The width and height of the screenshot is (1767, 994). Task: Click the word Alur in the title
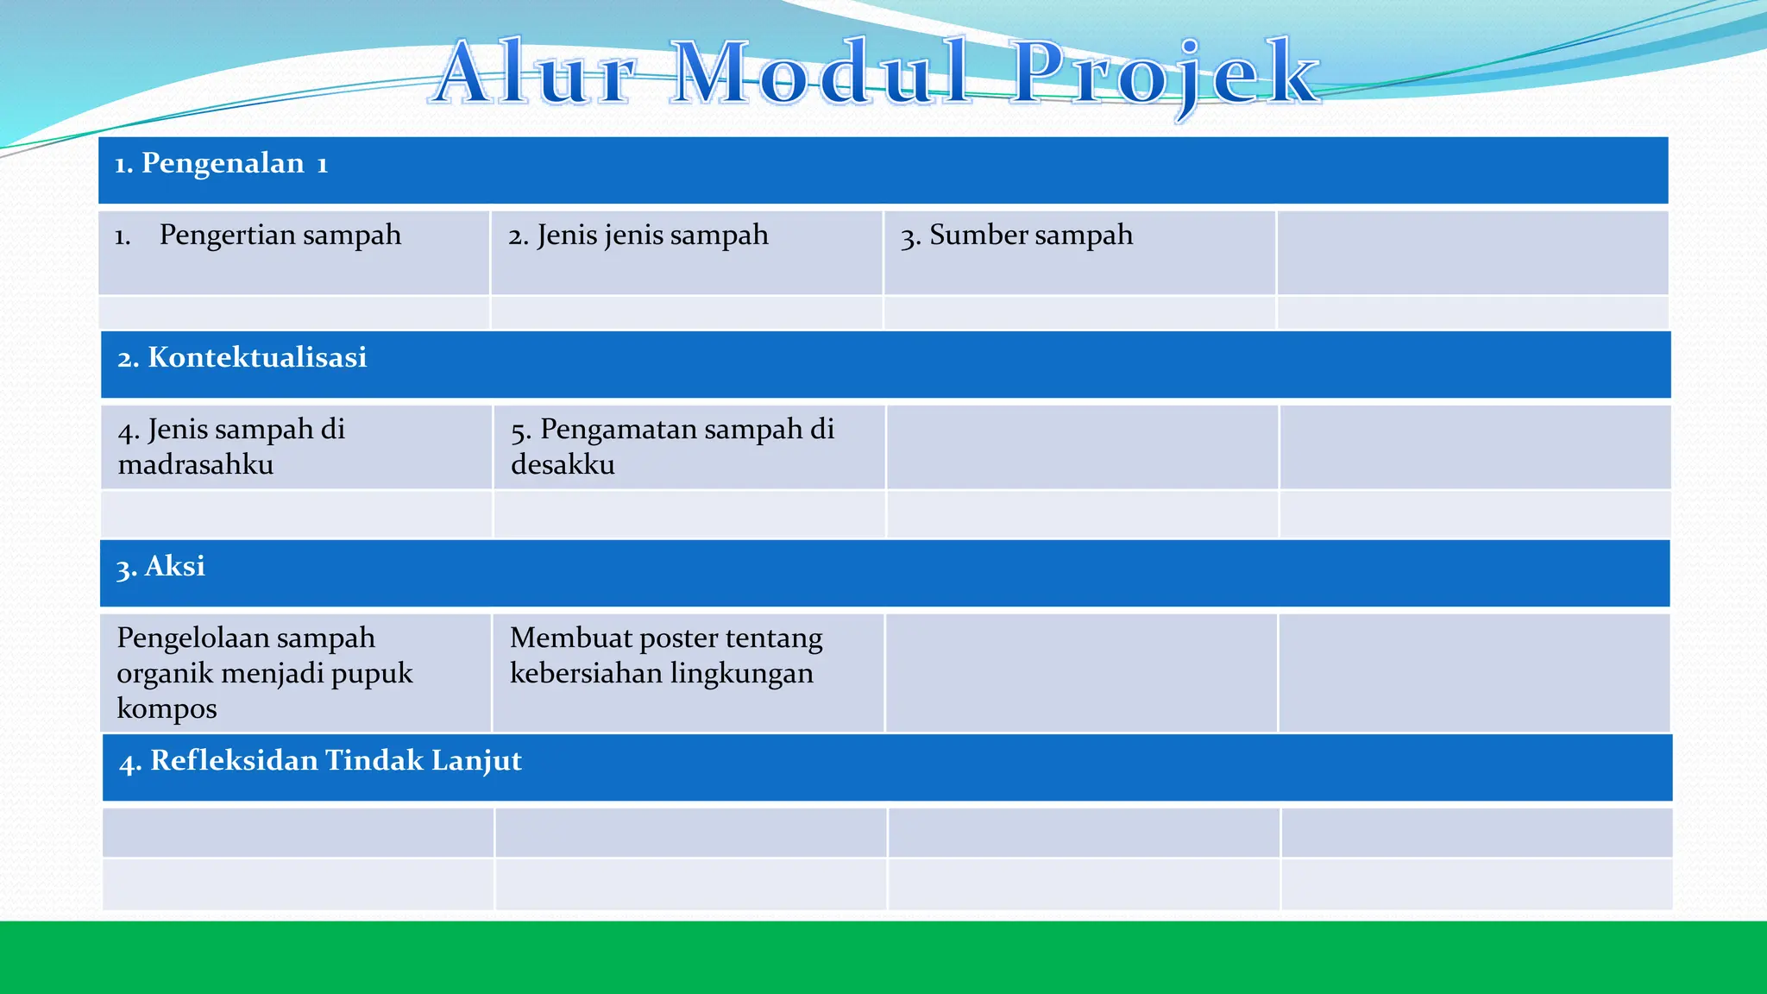click(x=535, y=73)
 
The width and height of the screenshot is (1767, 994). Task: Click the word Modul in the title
click(x=820, y=73)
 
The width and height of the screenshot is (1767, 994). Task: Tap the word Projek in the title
click(x=1165, y=73)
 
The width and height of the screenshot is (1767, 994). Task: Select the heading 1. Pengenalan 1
click(x=222, y=163)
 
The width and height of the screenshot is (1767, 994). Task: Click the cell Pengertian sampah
click(x=280, y=235)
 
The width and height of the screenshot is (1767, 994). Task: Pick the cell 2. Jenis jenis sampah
click(x=638, y=235)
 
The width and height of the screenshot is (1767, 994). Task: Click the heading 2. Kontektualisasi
click(x=242, y=357)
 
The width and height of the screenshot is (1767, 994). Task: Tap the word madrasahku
click(x=196, y=465)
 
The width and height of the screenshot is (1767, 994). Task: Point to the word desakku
click(x=563, y=465)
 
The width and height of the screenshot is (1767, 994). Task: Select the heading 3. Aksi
click(x=161, y=567)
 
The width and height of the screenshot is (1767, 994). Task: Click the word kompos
click(x=167, y=709)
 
